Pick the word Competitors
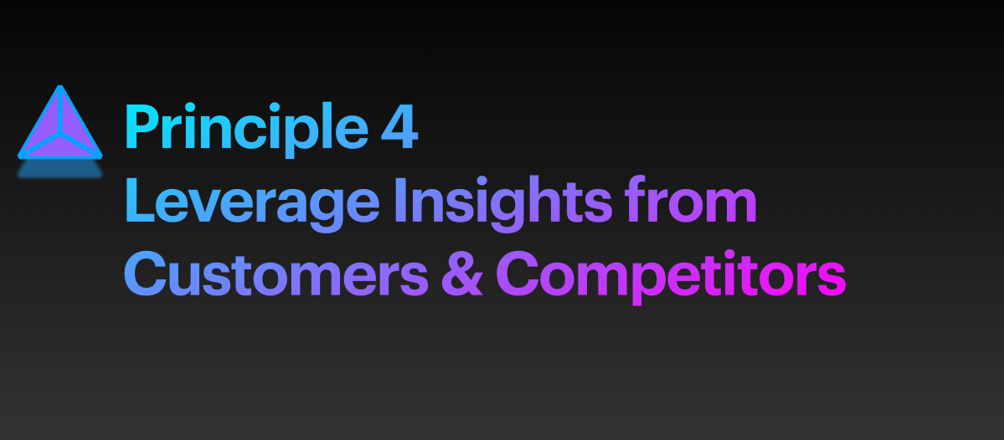(x=670, y=275)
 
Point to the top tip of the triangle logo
(x=59, y=87)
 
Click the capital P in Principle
(x=140, y=127)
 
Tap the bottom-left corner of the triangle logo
(x=21, y=156)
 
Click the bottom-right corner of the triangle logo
(x=99, y=156)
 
